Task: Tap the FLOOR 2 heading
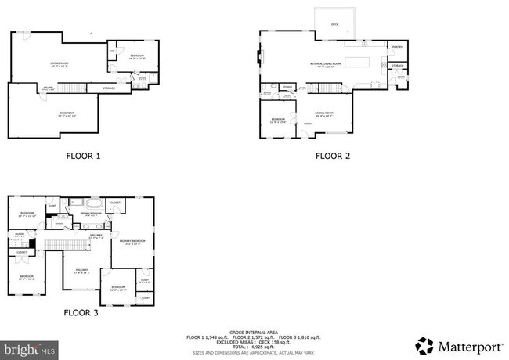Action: pos(333,156)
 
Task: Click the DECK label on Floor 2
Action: pos(334,25)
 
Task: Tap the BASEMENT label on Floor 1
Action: pos(67,113)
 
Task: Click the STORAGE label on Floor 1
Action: pos(108,88)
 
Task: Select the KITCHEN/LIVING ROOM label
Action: pos(326,63)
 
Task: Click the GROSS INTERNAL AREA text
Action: pos(254,332)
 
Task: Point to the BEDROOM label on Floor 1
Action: pos(137,56)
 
